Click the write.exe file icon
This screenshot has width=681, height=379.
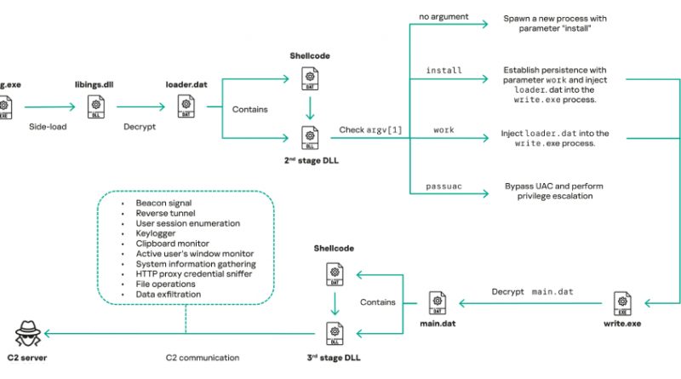coord(622,302)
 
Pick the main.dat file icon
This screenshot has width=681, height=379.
coord(435,303)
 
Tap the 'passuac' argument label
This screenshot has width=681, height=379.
coord(443,186)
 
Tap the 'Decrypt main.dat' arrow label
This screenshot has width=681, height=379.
coord(532,291)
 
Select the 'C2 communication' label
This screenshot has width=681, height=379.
coord(202,358)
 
